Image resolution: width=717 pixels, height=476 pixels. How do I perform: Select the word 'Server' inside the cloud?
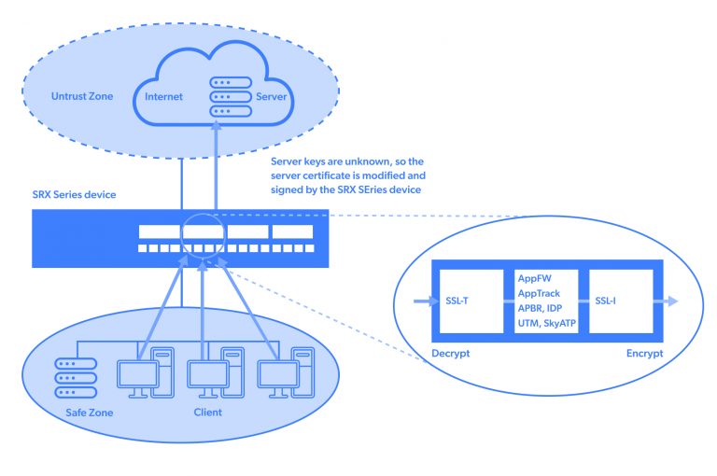point(272,97)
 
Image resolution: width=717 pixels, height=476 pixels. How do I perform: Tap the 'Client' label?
point(207,411)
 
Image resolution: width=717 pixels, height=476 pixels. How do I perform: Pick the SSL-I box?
point(616,302)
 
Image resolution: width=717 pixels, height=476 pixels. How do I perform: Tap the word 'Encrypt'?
point(644,355)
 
